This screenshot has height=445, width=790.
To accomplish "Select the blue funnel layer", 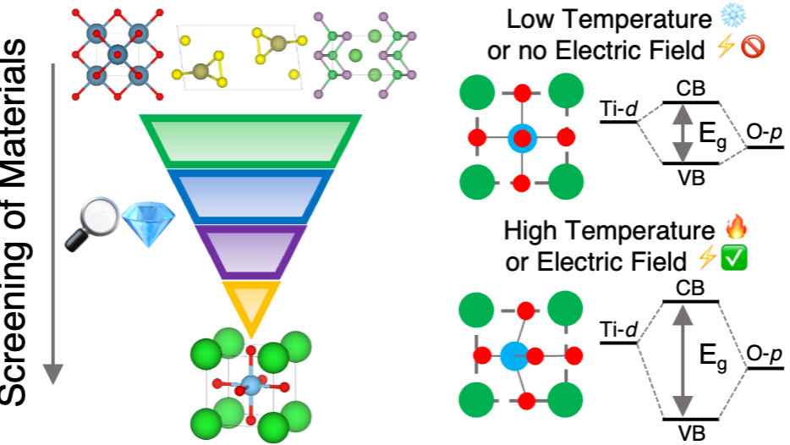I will pos(250,195).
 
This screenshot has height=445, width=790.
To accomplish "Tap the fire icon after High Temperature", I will pos(738,228).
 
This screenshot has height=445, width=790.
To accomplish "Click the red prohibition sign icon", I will pos(752,49).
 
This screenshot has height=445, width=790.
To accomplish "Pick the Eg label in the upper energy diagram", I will pos(714,135).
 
